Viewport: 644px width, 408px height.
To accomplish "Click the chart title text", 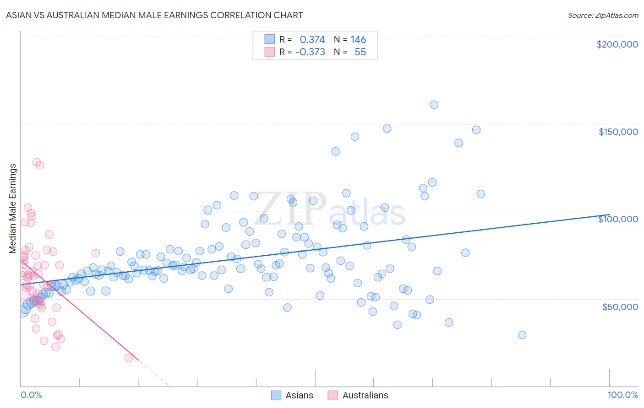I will [154, 15].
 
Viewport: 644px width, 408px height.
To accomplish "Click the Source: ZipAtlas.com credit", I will [603, 15].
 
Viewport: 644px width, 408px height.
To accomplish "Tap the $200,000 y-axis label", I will [617, 44].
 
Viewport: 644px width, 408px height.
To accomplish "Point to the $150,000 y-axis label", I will [618, 132].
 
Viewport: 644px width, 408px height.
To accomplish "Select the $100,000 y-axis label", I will [618, 219].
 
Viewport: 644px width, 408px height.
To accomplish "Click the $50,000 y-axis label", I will [620, 306].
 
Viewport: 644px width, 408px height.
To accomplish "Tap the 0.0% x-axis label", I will [32, 395].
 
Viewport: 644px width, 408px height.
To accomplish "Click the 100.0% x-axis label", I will [622, 395].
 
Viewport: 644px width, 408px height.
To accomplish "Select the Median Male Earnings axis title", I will [13, 208].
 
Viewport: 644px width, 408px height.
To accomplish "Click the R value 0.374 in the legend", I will [312, 40].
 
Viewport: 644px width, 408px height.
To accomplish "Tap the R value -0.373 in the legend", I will [310, 52].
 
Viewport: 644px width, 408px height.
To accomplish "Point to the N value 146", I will [358, 40].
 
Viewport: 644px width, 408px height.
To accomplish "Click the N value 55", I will [360, 52].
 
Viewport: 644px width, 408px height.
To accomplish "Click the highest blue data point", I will [434, 105].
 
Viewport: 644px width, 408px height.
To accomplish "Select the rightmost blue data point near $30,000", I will [522, 335].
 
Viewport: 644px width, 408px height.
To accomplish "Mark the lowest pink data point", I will [129, 358].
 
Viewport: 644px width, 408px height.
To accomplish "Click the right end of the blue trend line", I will [609, 215].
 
